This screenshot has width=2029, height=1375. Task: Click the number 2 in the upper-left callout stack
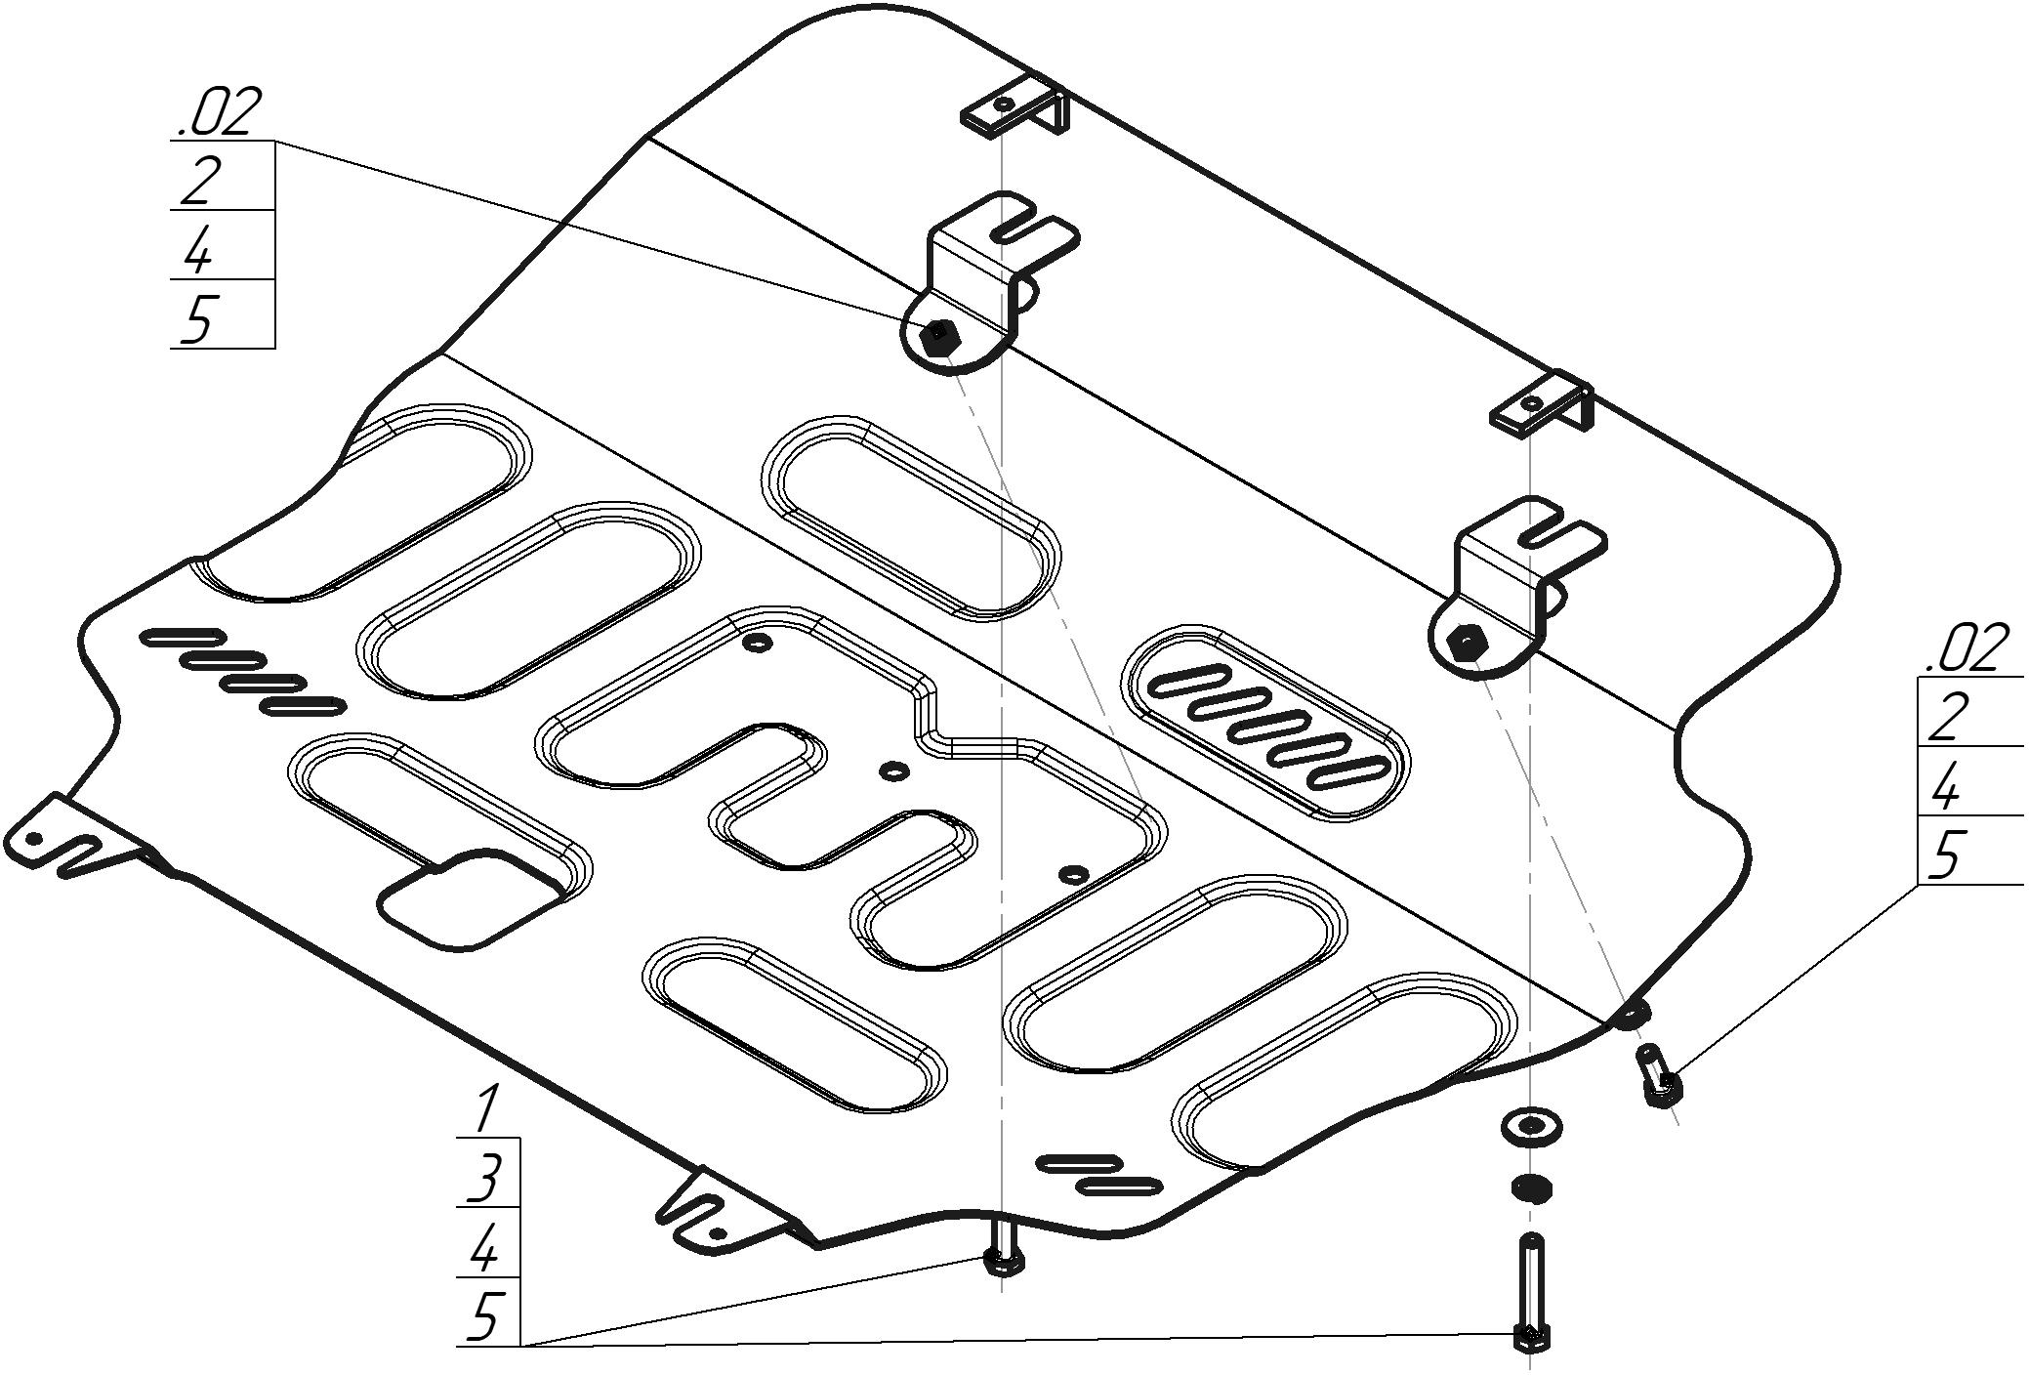tap(198, 181)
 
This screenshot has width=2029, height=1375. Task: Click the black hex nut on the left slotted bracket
tap(940, 337)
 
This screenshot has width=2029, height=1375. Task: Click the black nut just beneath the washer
tap(1532, 1188)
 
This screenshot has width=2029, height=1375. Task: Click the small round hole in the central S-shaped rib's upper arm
tap(758, 643)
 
